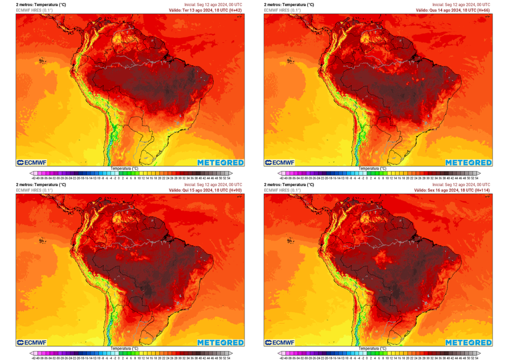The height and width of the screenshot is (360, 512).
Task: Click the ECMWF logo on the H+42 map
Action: click(33, 162)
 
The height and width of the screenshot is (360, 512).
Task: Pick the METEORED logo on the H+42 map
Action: click(220, 162)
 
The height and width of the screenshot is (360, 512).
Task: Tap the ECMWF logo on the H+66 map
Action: click(280, 162)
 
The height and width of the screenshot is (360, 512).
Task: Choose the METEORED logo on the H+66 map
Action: click(468, 162)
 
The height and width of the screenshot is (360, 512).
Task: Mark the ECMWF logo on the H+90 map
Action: click(33, 342)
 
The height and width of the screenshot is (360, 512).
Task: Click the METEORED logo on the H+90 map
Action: click(220, 342)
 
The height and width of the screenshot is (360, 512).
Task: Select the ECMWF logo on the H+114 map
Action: click(280, 342)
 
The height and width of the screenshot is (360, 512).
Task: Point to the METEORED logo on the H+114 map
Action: click(468, 342)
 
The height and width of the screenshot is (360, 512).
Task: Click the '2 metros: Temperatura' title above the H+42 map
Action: click(40, 4)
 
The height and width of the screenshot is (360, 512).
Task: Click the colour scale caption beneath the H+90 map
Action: click(124, 348)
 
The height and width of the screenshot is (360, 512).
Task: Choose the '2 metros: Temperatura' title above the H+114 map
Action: click(288, 184)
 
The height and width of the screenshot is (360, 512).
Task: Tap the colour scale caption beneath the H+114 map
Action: click(371, 348)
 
